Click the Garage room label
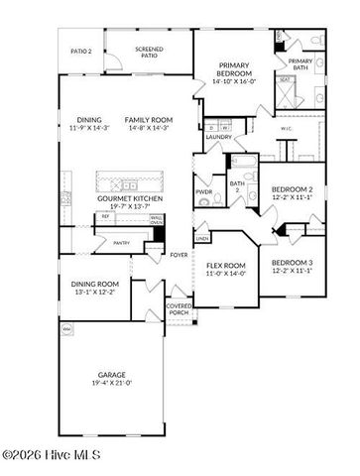click(x=110, y=374)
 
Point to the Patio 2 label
click(x=81, y=51)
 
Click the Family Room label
click(x=146, y=119)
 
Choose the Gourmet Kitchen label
click(x=129, y=198)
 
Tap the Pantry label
click(x=122, y=242)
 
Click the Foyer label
click(x=179, y=254)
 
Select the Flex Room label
click(x=226, y=265)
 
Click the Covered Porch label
click(x=180, y=309)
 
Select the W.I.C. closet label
click(x=286, y=128)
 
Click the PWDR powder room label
click(x=204, y=191)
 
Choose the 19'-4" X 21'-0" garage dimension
click(x=110, y=383)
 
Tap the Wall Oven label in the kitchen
click(x=157, y=220)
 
